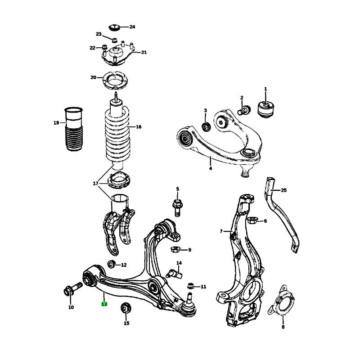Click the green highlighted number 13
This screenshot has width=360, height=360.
coord(104,304)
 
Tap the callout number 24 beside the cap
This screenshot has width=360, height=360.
coord(132,27)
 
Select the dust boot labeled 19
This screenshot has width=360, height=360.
coord(74,129)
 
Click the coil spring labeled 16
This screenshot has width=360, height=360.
coord(117,135)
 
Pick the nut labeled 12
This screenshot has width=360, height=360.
coord(111,264)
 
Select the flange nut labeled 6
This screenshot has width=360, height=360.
coord(252,220)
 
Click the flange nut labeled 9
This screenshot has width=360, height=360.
coord(175,249)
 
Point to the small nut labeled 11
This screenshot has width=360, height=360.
coord(190,286)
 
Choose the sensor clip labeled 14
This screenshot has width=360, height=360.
coord(175,274)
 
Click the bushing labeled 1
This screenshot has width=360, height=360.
coord(265,109)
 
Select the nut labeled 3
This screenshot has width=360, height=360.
coord(206,127)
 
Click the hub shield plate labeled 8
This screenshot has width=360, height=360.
coord(282,301)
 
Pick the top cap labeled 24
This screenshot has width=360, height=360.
coord(114,27)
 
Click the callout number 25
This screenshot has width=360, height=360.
coord(284,190)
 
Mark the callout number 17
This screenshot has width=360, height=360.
coord(95,184)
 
